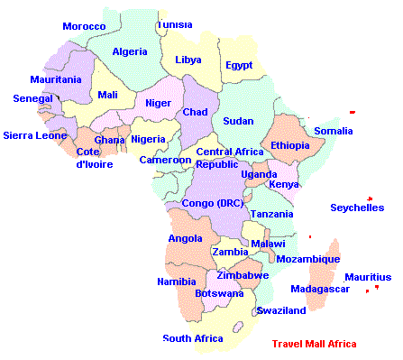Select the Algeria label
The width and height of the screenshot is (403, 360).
point(130,51)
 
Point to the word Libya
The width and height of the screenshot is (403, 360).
point(188,60)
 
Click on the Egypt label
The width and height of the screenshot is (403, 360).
point(239,65)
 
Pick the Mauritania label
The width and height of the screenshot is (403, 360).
point(55,79)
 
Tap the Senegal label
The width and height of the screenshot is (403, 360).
point(32,98)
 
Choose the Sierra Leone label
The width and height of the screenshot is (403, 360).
point(35,135)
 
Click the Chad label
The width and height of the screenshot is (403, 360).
point(195,112)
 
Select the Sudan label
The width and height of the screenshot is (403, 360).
point(238,121)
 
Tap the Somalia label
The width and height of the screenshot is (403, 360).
point(334,132)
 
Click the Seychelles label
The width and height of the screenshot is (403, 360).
point(358,208)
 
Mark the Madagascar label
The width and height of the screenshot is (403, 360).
point(320,289)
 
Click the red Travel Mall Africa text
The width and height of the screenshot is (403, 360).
point(314,344)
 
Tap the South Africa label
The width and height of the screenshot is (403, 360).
point(192,338)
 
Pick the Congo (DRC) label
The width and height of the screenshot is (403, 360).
point(212,203)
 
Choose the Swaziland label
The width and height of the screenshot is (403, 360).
point(281,310)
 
